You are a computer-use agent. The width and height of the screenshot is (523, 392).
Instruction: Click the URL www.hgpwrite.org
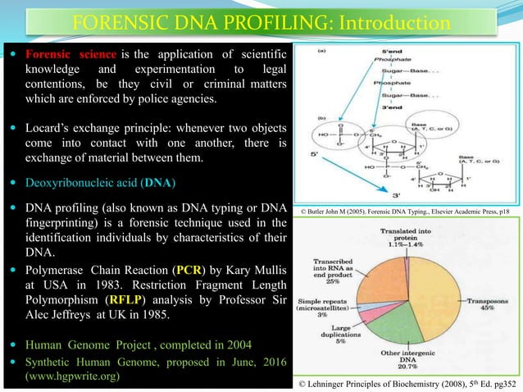pos(74,376)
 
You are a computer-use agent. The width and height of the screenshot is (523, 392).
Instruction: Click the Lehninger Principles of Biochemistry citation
pos(407,381)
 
